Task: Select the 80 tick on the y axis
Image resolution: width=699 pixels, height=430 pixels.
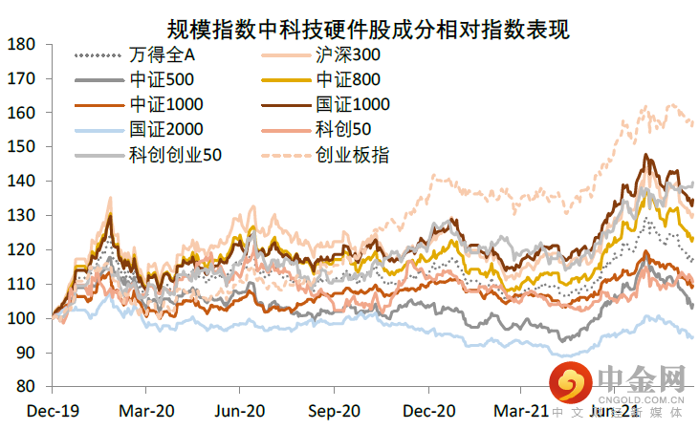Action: pos(27,387)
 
